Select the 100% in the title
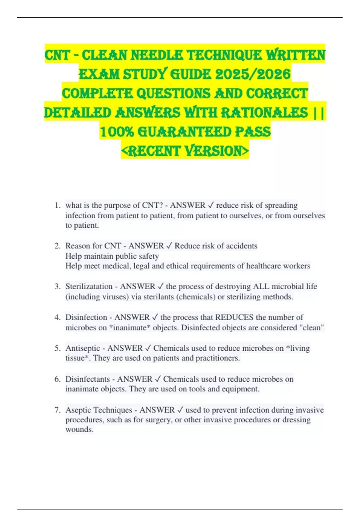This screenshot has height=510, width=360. pos(116,132)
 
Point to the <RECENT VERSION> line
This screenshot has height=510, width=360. pos(185,151)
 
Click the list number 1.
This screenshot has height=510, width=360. pos(57,205)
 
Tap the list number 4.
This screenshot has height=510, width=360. pos(57,317)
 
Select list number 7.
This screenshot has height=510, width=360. pos(57,410)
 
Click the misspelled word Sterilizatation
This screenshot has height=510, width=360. pos(89,286)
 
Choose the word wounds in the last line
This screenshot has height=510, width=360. pos(79,430)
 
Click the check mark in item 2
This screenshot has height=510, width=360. pos(169,246)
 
